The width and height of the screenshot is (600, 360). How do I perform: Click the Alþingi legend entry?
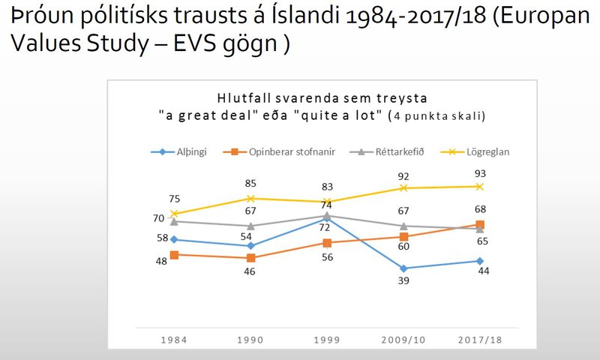(x=183, y=151)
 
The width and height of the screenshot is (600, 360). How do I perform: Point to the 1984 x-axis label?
(x=174, y=340)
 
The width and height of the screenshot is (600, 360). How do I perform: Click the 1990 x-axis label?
(x=250, y=340)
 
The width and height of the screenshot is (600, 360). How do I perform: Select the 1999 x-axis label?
(x=326, y=340)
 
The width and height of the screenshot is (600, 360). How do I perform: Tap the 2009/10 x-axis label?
(x=403, y=340)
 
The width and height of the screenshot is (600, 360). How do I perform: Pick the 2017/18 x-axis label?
(x=479, y=340)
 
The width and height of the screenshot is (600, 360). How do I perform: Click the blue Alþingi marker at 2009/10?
(x=403, y=268)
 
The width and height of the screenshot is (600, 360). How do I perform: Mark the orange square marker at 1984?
(x=174, y=255)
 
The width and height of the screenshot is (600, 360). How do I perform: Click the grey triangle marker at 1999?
(x=326, y=215)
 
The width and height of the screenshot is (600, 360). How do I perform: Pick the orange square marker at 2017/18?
(x=479, y=224)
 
